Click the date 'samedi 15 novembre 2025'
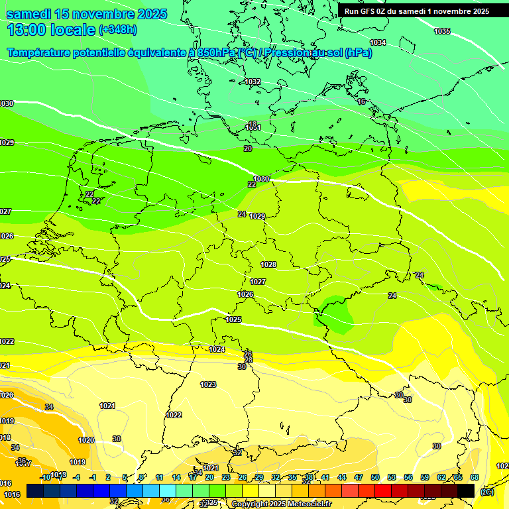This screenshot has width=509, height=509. pyautogui.click(x=86, y=14)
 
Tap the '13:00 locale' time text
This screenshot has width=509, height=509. pyautogui.click(x=51, y=29)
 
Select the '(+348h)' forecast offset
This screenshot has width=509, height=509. pyautogui.click(x=118, y=30)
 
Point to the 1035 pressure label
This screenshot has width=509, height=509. pyautogui.click(x=442, y=32)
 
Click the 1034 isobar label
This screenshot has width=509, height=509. pyautogui.click(x=378, y=43)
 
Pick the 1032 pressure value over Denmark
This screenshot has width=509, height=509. pyautogui.click(x=253, y=82)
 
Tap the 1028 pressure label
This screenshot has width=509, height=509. pyautogui.click(x=268, y=265)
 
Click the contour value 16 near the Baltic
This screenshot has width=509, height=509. pyautogui.click(x=361, y=101)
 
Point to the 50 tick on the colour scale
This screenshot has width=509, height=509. pyautogui.click(x=375, y=477)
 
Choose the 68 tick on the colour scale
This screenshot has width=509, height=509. pyautogui.click(x=475, y=477)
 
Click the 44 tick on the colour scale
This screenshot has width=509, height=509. pyautogui.click(x=342, y=477)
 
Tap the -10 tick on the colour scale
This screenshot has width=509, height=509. pyautogui.click(x=45, y=477)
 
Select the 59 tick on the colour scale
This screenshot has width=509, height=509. pyautogui.click(x=425, y=477)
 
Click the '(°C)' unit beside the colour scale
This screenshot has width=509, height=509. pyautogui.click(x=487, y=492)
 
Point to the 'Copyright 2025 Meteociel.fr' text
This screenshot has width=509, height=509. pyautogui.click(x=281, y=504)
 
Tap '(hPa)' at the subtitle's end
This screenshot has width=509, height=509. pyautogui.click(x=359, y=53)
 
